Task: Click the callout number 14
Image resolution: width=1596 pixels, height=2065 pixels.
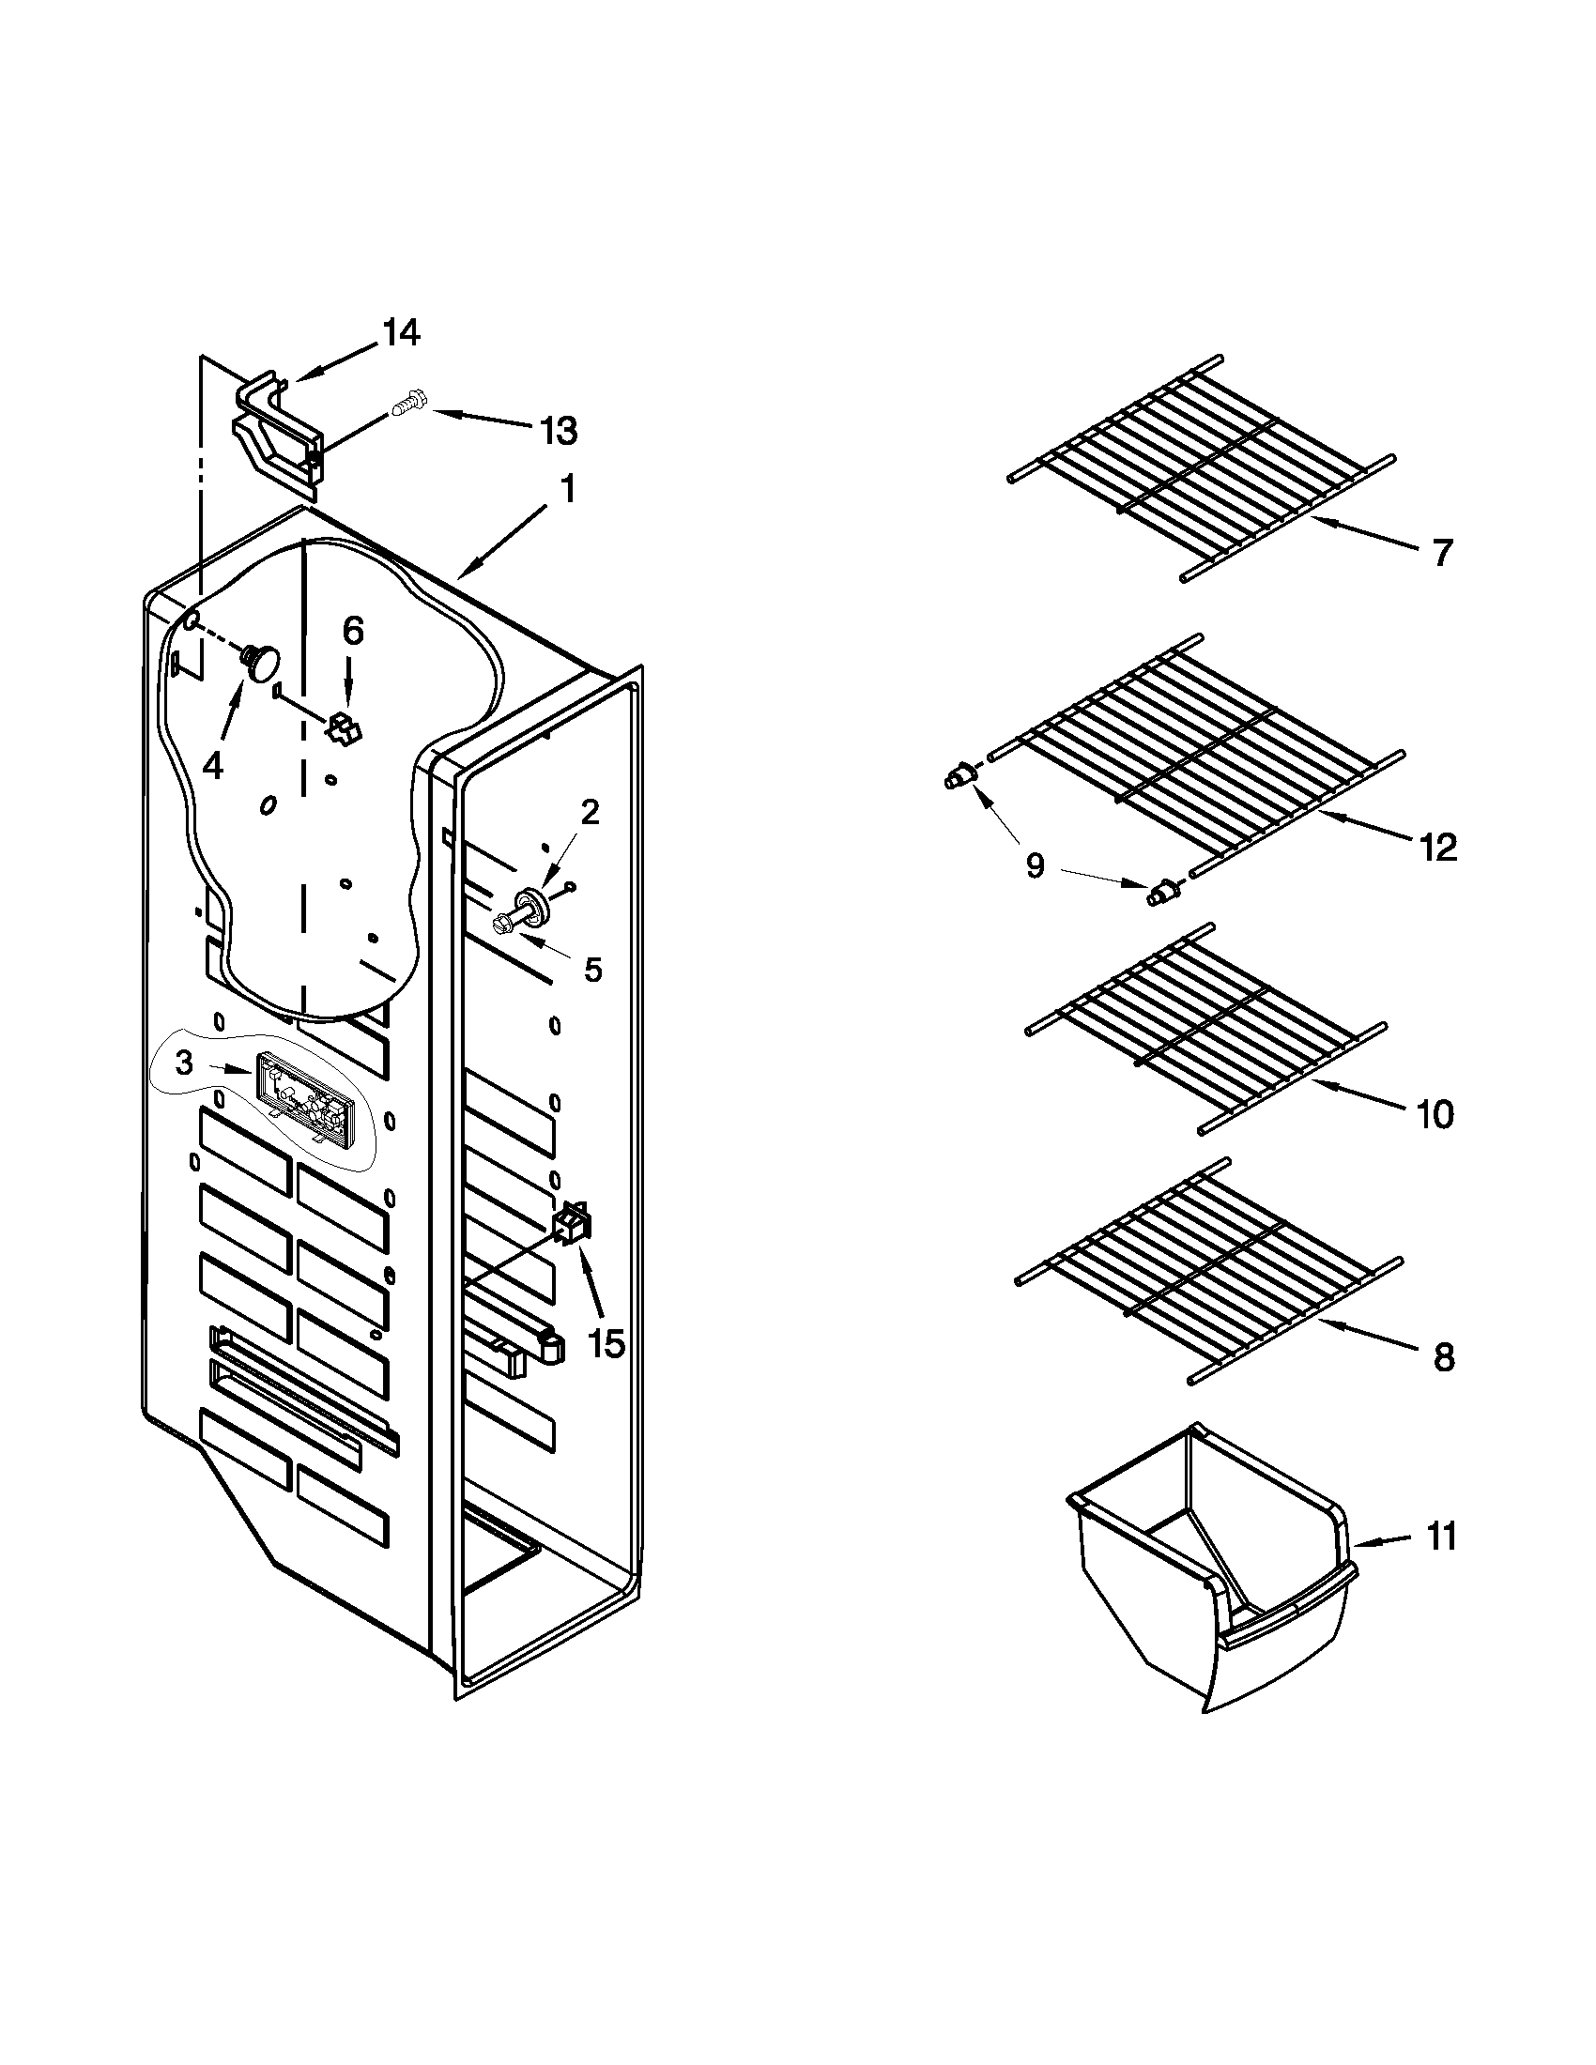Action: [x=400, y=333]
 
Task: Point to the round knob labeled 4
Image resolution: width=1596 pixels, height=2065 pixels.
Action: [x=262, y=660]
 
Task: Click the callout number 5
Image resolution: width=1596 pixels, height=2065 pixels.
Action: [x=592, y=970]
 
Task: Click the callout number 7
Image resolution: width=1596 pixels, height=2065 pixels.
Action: [x=1440, y=552]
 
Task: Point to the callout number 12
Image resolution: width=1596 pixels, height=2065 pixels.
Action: [x=1438, y=849]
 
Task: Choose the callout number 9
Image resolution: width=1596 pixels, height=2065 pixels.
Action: [x=1036, y=864]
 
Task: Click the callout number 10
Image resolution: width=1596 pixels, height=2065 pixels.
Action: [x=1435, y=1115]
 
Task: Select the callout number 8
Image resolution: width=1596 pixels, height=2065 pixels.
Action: [x=1443, y=1359]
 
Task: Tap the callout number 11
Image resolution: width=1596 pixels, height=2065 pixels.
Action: [x=1441, y=1537]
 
